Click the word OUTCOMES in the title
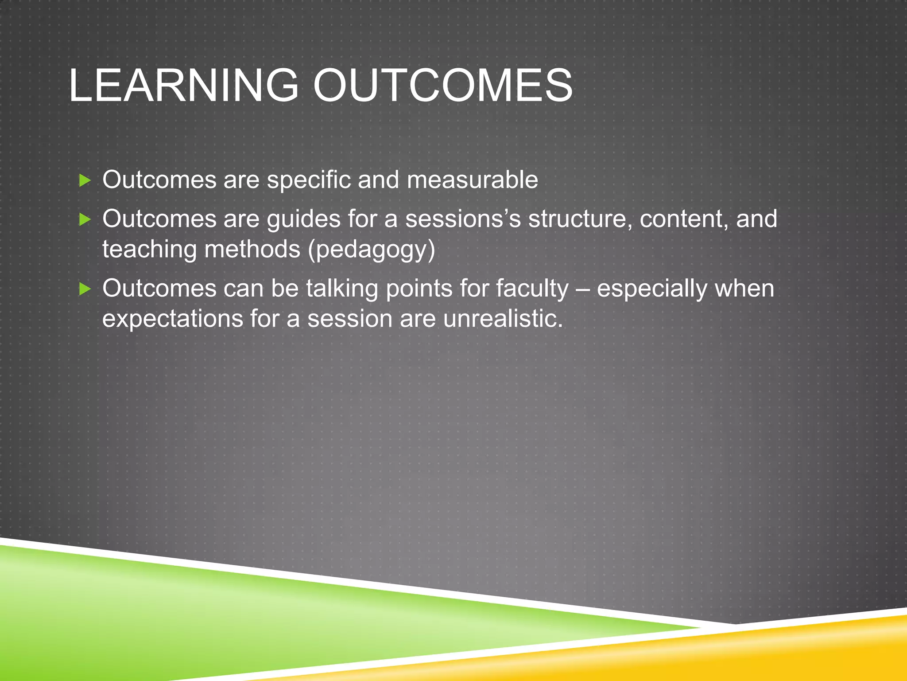pos(443,85)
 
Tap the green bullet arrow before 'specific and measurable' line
pos(85,180)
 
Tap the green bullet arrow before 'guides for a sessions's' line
pos(85,219)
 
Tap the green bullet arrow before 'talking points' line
pos(85,290)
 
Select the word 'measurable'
pos(472,180)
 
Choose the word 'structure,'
pos(580,219)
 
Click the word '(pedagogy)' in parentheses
pos(371,250)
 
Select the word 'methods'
pos(252,249)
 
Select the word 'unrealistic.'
pos(503,319)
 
